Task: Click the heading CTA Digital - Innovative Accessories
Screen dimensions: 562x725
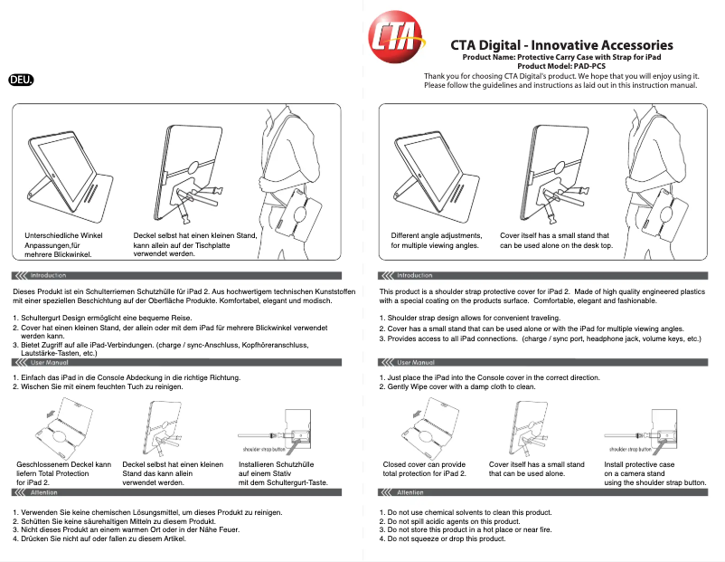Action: click(561, 44)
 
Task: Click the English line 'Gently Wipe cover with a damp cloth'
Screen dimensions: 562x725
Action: click(461, 386)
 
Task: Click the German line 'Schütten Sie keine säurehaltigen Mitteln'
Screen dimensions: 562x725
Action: click(113, 522)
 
